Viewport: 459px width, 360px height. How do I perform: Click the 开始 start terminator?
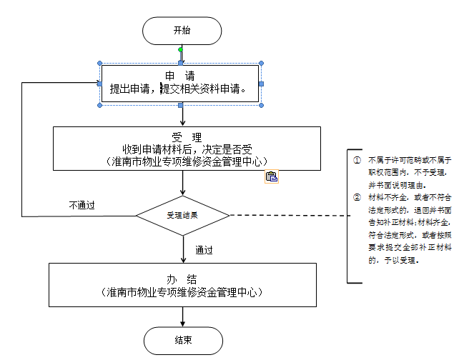click(x=182, y=30)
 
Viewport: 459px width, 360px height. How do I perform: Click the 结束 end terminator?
click(x=182, y=339)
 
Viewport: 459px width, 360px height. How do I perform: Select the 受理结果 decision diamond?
click(x=182, y=215)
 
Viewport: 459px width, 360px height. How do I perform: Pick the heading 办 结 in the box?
click(x=183, y=279)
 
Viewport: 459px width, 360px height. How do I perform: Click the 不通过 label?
click(x=82, y=205)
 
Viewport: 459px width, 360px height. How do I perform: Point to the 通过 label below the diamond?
click(x=204, y=251)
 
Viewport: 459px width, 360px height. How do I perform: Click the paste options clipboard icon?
click(x=271, y=176)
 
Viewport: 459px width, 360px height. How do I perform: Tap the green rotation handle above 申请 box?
click(x=180, y=50)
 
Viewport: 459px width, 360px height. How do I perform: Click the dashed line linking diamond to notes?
click(x=286, y=215)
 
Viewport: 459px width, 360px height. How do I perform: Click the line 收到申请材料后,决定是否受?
click(x=184, y=149)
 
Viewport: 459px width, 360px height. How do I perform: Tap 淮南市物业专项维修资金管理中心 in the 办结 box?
click(x=182, y=292)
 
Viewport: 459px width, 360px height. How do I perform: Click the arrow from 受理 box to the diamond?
click(x=183, y=184)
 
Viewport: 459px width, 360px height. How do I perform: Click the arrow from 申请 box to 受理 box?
click(x=183, y=116)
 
